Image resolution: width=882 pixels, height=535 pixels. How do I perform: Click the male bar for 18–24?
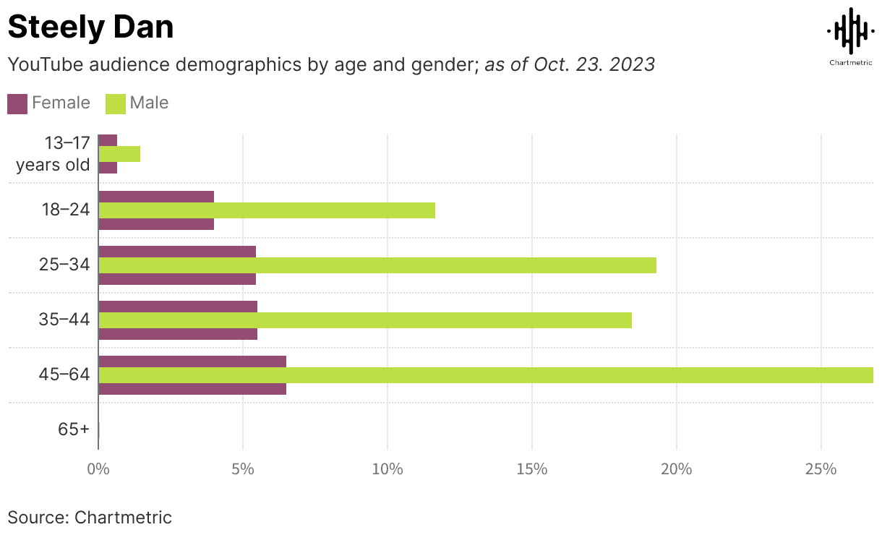[x=267, y=210]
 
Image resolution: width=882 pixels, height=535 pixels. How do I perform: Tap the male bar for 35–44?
[x=365, y=320]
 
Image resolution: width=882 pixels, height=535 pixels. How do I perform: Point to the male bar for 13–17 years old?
[x=119, y=153]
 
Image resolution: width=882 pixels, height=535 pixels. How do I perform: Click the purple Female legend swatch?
[x=17, y=103]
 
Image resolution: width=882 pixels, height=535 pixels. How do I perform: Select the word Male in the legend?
[x=149, y=103]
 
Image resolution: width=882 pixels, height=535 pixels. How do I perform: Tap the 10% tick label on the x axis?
[x=388, y=469]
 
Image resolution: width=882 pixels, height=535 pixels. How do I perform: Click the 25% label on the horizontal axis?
[x=821, y=469]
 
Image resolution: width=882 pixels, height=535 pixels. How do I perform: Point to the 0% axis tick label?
[x=98, y=469]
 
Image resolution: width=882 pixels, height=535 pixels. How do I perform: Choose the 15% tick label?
[x=532, y=469]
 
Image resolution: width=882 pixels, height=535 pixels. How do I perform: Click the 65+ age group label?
[x=74, y=429]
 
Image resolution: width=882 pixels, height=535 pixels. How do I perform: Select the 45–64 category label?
[x=64, y=374]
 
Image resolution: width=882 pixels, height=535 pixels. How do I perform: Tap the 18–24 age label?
[x=64, y=210]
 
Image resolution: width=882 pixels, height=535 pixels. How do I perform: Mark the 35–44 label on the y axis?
[x=64, y=320]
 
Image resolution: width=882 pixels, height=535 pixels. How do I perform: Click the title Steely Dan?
[x=90, y=27]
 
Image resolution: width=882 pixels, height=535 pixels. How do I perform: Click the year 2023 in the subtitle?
[x=631, y=64]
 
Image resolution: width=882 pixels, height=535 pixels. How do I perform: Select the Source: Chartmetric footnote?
[x=90, y=517]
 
